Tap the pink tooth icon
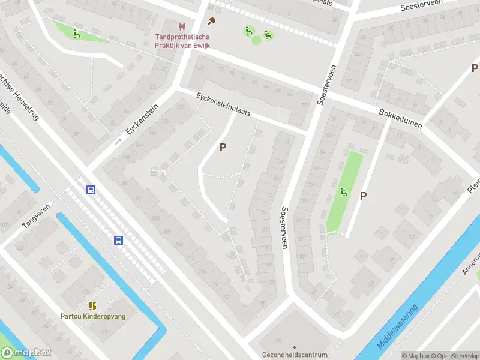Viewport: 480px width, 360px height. click(181, 27)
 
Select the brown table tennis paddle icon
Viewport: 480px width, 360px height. click(211, 22)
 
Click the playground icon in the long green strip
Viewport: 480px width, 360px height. click(344, 192)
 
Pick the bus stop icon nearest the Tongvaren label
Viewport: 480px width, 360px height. click(91, 190)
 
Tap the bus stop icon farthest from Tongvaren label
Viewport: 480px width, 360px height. click(119, 241)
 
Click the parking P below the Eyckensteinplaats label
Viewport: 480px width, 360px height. click(223, 147)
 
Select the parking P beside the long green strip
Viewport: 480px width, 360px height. click(363, 196)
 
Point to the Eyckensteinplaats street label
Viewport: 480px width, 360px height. click(223, 105)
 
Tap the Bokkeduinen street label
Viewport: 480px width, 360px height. click(401, 118)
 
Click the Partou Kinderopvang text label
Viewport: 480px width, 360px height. click(93, 316)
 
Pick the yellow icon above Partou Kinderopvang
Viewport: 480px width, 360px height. click(92, 306)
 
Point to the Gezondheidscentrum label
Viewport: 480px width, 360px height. click(294, 355)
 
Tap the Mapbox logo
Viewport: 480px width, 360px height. click(26, 353)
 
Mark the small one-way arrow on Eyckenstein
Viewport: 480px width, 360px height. click(118, 142)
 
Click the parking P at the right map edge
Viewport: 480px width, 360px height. click(474, 68)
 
